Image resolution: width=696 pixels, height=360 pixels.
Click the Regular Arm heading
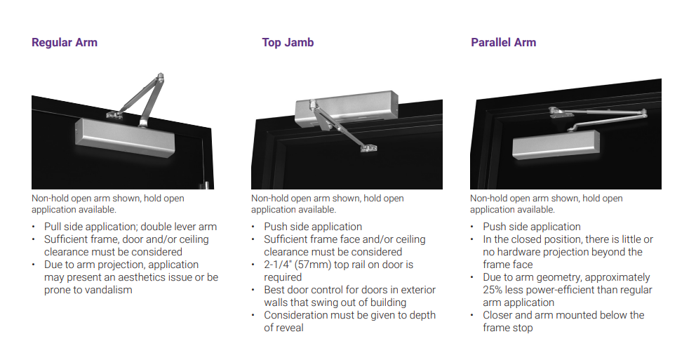[65, 43]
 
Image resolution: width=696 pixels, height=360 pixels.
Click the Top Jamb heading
[288, 43]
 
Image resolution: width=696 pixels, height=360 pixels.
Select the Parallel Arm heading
[503, 43]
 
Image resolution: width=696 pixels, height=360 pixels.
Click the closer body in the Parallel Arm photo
[554, 144]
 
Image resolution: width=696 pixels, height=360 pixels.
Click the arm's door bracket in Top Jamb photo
[368, 147]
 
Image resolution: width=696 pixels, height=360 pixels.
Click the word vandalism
[109, 290]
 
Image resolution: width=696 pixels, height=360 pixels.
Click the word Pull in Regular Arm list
[54, 227]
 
